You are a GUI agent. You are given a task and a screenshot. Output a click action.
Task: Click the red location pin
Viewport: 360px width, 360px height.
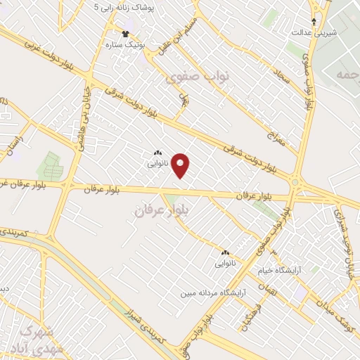point(181,165)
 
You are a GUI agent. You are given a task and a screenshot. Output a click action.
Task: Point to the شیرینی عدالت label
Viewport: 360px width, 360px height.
point(314,33)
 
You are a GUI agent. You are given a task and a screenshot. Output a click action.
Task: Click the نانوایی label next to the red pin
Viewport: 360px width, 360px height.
point(157,163)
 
